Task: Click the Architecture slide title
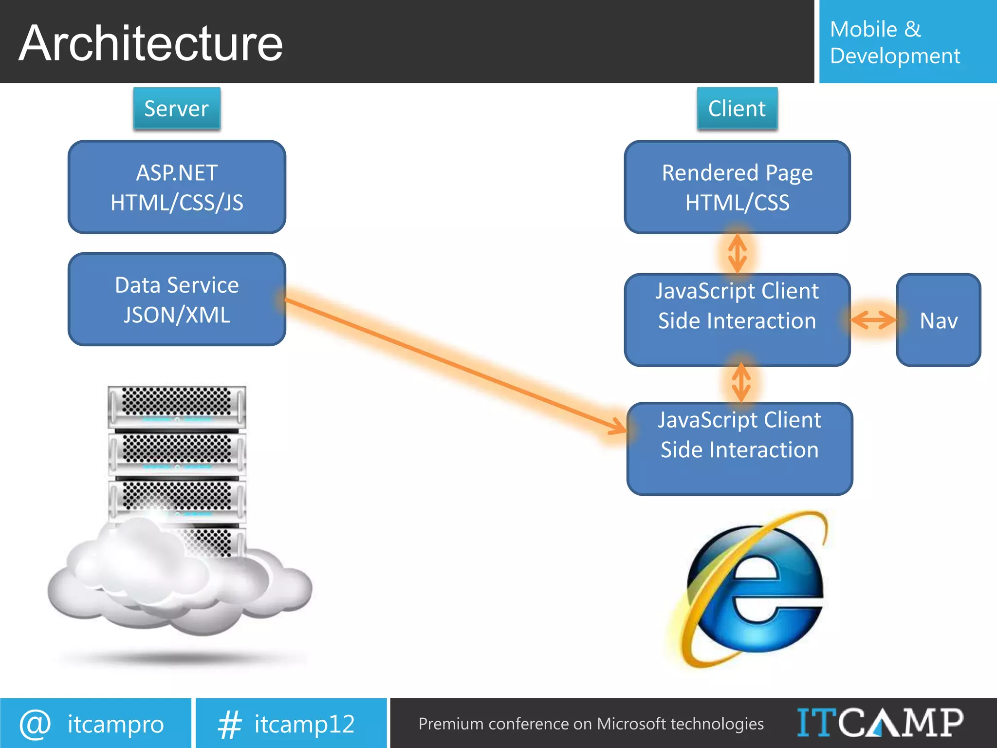tap(151, 44)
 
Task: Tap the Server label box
tap(177, 109)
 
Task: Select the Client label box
tap(737, 109)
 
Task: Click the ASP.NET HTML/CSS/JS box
tap(177, 187)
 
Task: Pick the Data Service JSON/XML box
tap(177, 299)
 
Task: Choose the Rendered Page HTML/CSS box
tap(737, 187)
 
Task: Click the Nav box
tap(938, 320)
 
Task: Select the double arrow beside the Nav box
tap(873, 320)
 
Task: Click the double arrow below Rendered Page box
tap(738, 253)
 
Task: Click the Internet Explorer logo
tap(752, 589)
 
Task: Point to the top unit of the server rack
tap(177, 407)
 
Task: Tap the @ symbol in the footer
tap(35, 724)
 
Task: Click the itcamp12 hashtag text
tap(304, 724)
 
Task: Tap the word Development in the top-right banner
tap(895, 56)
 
